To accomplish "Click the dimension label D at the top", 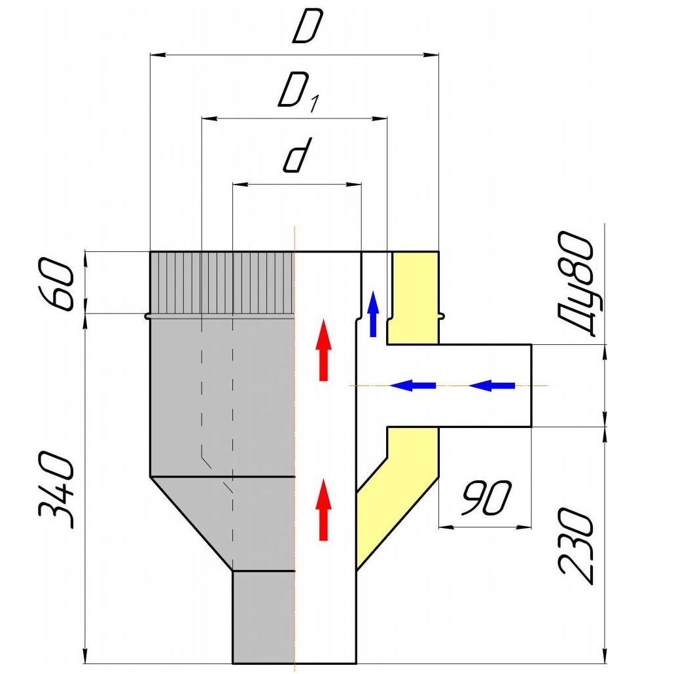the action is pyautogui.click(x=308, y=27).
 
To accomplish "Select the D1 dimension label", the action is pyautogui.click(x=299, y=92).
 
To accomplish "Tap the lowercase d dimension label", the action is pyautogui.click(x=298, y=155).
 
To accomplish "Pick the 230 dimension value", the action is pyautogui.click(x=576, y=546).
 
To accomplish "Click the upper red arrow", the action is pyautogui.click(x=324, y=349).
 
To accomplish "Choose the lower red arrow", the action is pyautogui.click(x=324, y=509).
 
